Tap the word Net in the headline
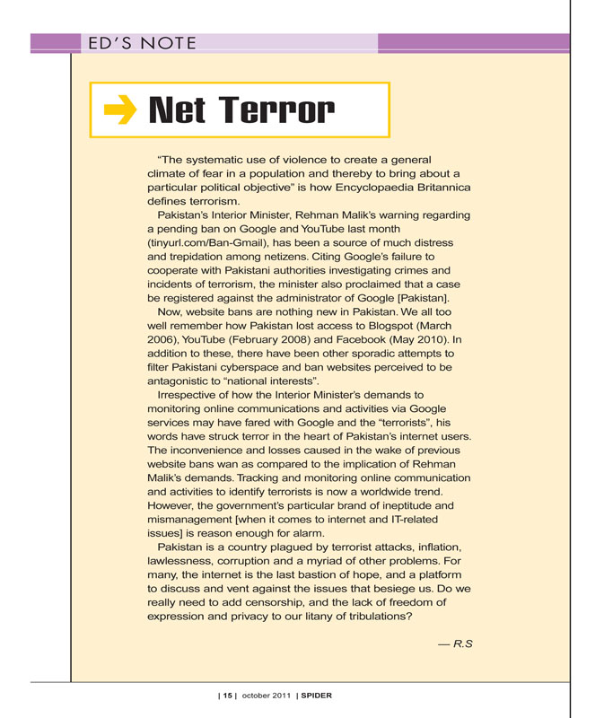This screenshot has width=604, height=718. click(179, 110)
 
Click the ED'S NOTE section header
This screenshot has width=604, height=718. click(136, 42)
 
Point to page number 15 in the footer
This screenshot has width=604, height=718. click(228, 696)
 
